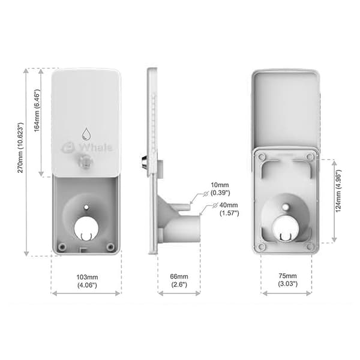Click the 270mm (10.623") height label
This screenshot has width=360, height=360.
click(x=20, y=148)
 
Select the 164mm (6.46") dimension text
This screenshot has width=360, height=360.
click(x=37, y=110)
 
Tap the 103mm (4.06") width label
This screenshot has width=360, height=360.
click(x=87, y=281)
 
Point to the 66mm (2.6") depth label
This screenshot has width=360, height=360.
click(x=179, y=281)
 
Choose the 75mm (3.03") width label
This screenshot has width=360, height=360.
click(x=287, y=280)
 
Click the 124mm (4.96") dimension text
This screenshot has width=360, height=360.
click(x=338, y=191)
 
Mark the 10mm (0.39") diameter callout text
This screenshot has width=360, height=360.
click(x=220, y=189)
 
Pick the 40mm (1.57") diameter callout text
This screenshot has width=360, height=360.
click(x=229, y=209)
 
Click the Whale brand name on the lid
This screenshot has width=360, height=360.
click(x=95, y=147)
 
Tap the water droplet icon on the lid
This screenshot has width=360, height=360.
click(x=86, y=134)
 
